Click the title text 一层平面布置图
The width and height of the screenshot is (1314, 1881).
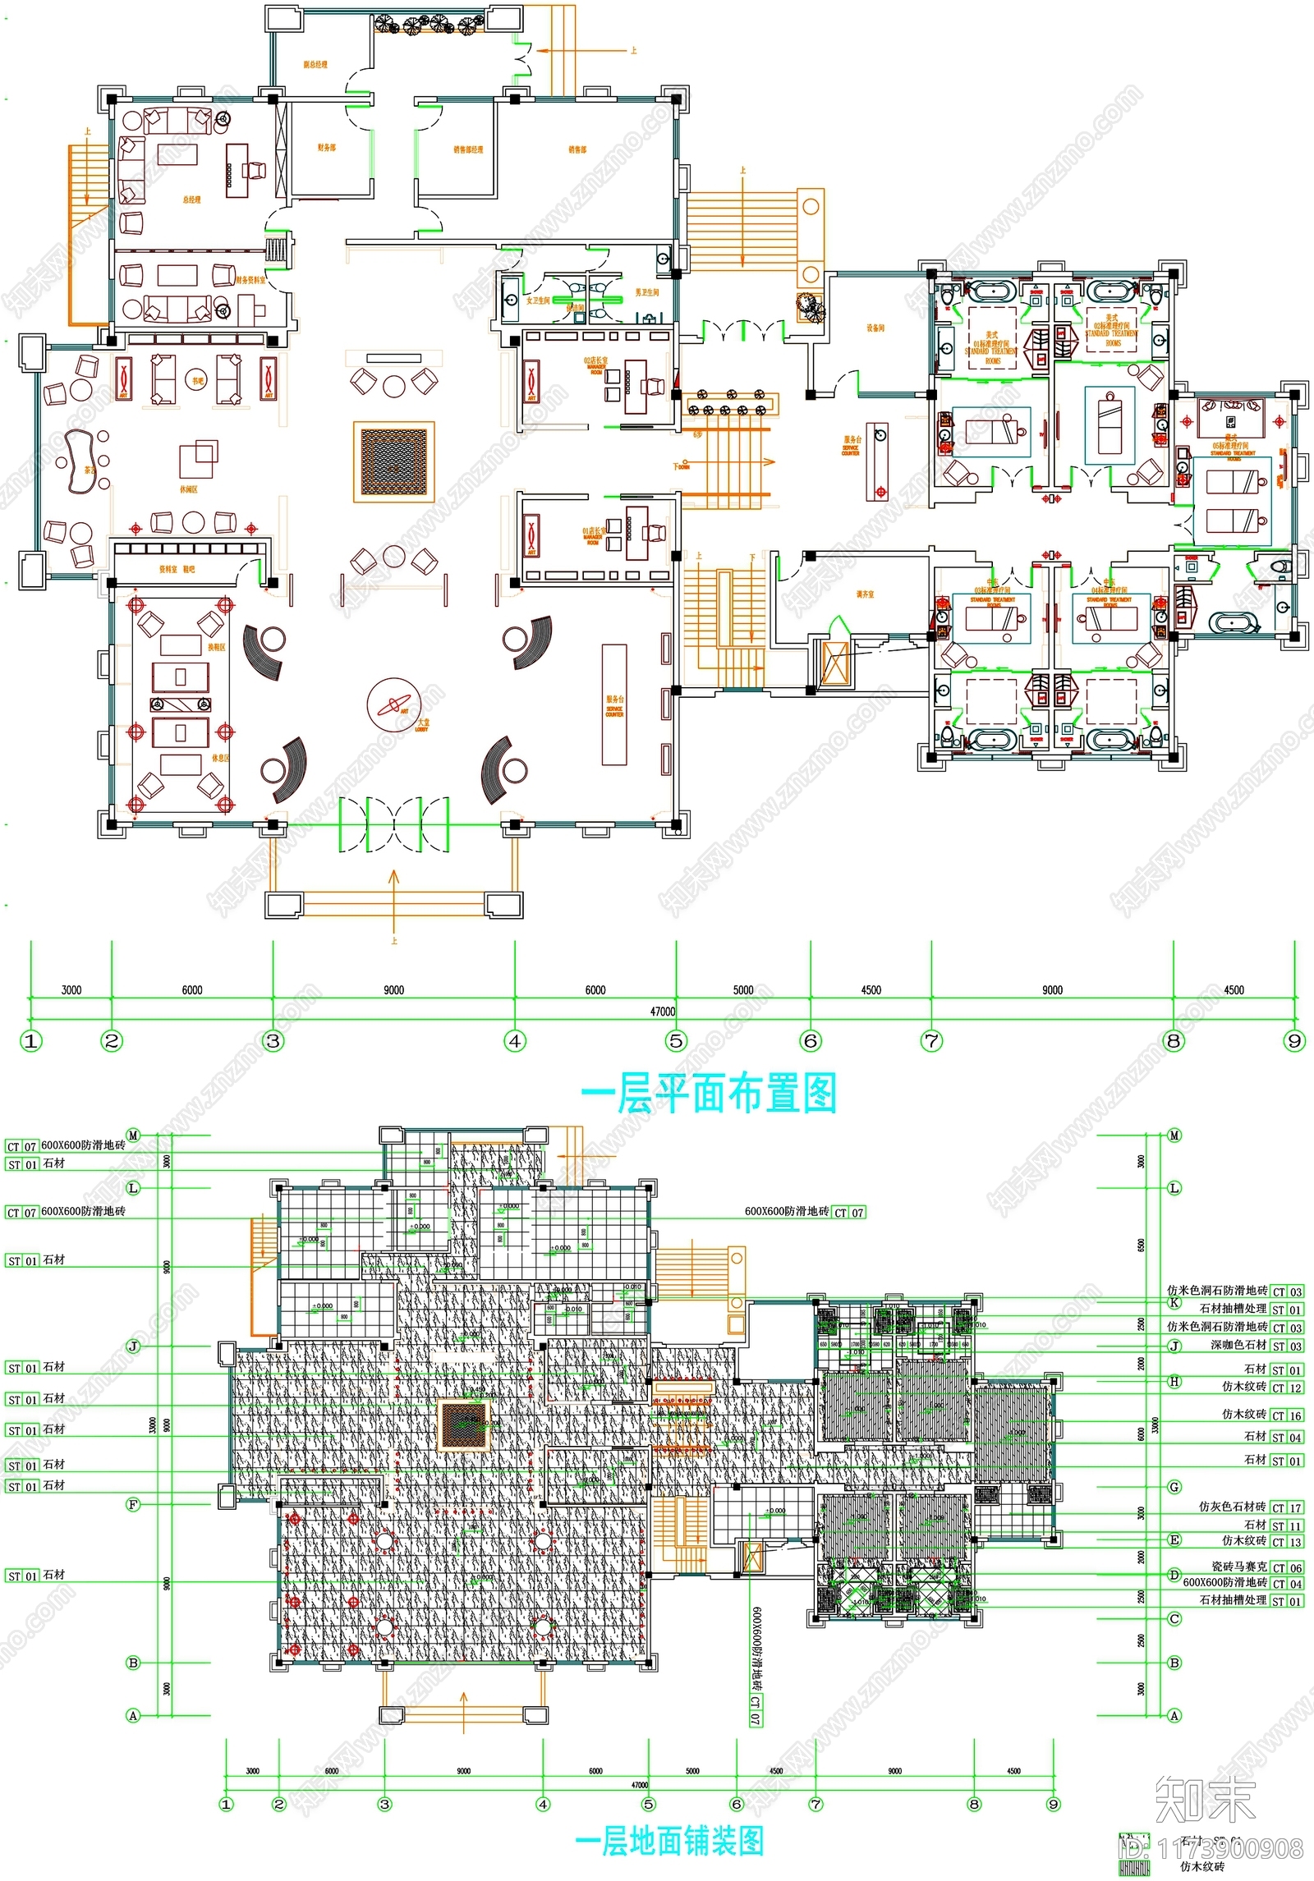[708, 1094]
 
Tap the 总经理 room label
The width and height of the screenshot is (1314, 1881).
[191, 200]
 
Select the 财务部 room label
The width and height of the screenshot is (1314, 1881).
[327, 148]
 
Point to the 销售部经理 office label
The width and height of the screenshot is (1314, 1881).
[468, 149]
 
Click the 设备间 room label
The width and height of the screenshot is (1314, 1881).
[875, 328]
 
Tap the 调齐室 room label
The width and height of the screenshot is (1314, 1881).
[866, 594]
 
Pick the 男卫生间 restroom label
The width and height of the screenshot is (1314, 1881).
[646, 292]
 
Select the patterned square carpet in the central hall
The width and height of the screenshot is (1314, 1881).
[394, 461]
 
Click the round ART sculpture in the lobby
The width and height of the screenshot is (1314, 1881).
[395, 704]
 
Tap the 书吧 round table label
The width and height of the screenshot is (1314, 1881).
[198, 381]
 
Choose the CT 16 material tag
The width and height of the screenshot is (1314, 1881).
[1287, 1415]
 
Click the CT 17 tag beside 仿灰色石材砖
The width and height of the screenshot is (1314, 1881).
[1287, 1507]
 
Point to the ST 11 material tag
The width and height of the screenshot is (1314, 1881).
[1287, 1525]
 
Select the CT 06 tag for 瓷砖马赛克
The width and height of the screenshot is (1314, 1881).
[1287, 1567]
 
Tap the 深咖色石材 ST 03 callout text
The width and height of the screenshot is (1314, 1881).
[1239, 1345]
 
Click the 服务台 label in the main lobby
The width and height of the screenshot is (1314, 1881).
[614, 700]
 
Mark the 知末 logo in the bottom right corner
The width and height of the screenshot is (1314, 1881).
[1205, 1800]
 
